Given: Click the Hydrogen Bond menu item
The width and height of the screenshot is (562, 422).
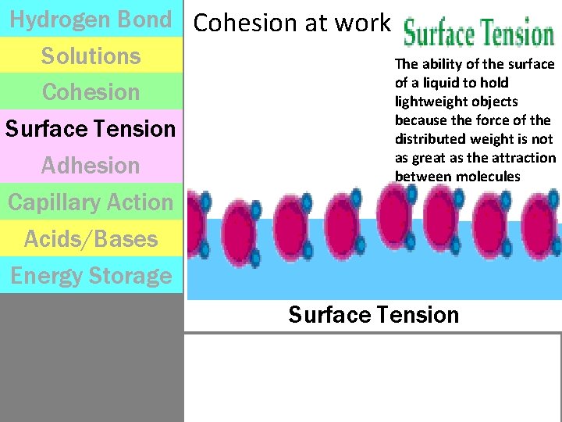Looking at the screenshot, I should coord(91,20).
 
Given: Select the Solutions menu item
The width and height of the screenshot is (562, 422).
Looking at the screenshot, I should coord(91,56).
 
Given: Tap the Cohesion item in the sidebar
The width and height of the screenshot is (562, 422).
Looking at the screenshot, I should coord(91,92).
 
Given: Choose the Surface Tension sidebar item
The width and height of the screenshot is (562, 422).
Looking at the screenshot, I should coord(91,129).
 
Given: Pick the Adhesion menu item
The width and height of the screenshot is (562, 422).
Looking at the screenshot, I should coord(91,166).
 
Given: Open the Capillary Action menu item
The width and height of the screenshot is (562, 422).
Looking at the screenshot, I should coord(91,202).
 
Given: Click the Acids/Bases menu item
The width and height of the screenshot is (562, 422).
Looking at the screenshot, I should coord(91,239).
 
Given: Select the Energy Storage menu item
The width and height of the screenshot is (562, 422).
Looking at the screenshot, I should coord(91,276).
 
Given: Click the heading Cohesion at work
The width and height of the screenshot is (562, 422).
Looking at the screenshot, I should coord(291,23).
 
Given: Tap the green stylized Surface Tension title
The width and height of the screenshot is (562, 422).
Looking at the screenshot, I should coord(478,34).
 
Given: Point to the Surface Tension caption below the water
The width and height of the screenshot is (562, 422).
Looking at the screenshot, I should coord(373,315).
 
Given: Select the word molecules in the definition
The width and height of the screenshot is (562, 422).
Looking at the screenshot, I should coord(489,177).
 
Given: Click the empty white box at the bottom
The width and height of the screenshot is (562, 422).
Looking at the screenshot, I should coord(373,377).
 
